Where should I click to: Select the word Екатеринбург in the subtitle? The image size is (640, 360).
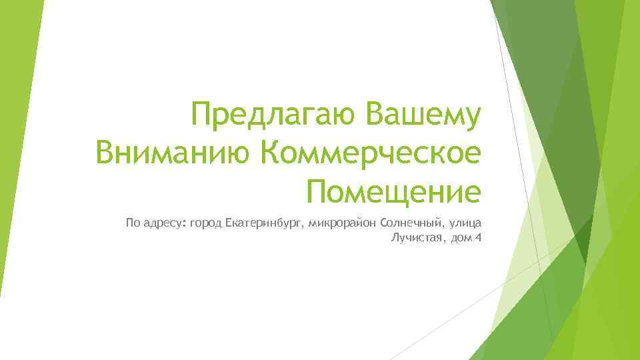click(263, 222)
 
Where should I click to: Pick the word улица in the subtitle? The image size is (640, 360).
click(466, 222)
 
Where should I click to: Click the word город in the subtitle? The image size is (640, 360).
click(206, 222)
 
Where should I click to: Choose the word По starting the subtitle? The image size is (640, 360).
click(133, 222)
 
